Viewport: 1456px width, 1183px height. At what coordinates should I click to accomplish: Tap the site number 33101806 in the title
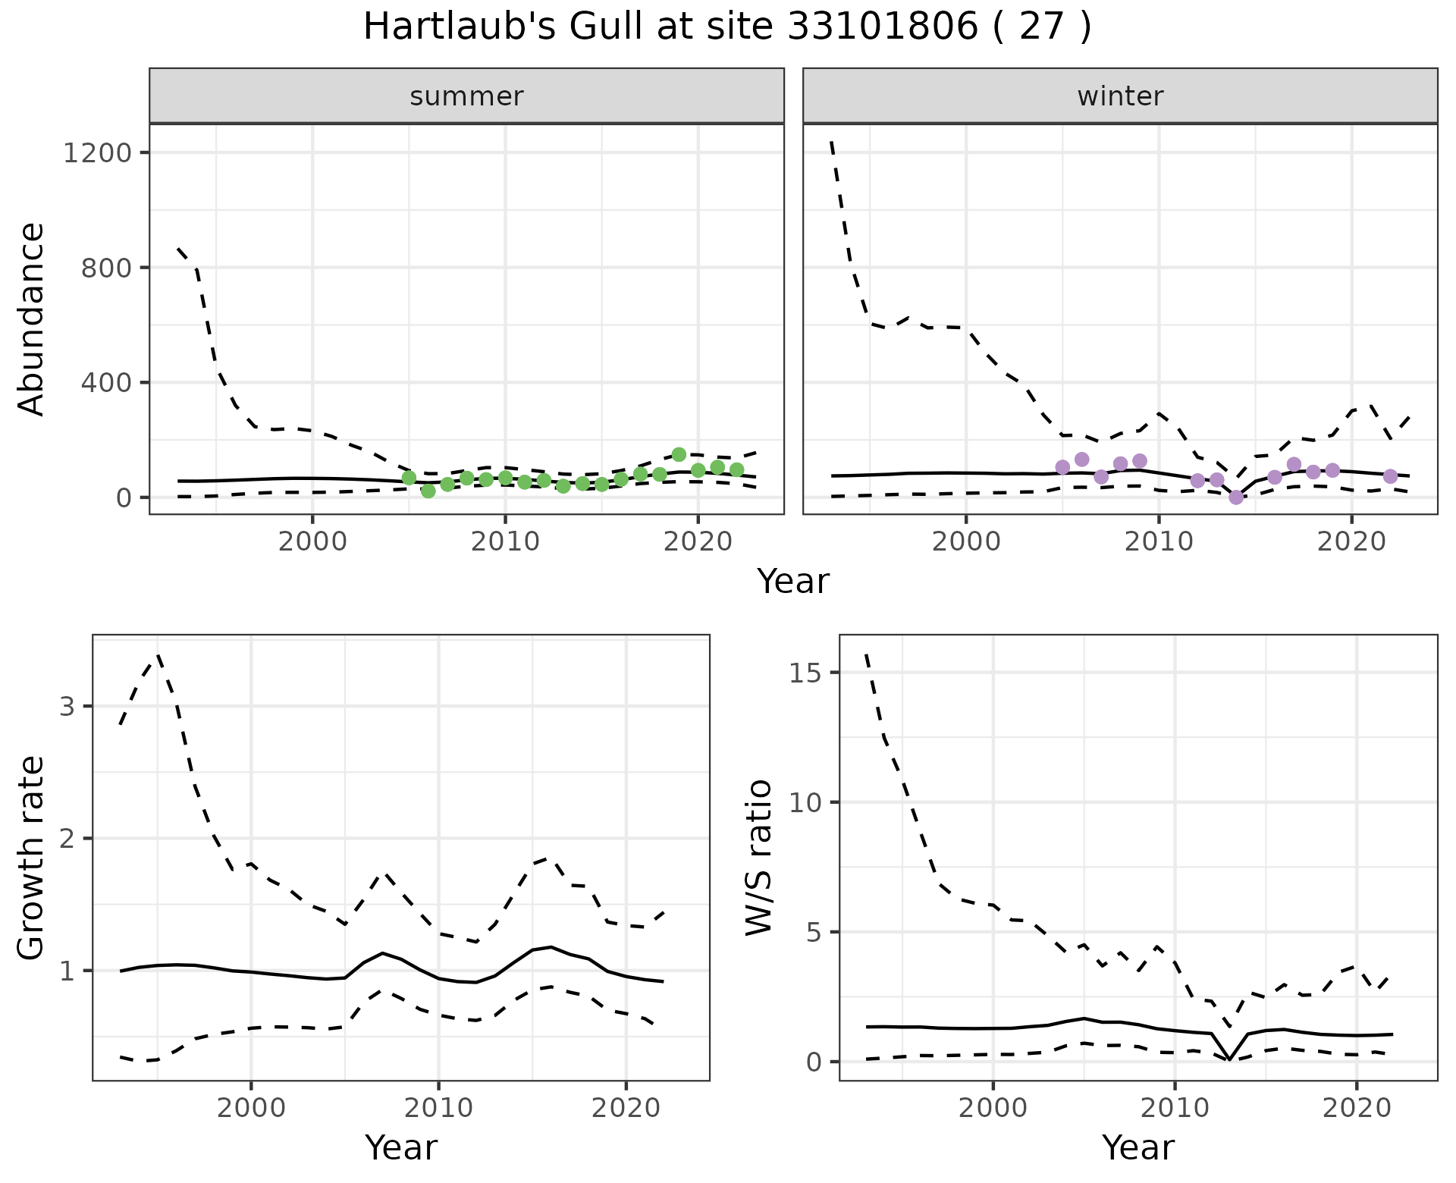(882, 28)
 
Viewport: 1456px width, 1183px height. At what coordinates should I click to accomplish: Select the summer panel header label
(466, 96)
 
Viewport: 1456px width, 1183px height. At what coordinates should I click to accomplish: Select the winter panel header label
(1120, 96)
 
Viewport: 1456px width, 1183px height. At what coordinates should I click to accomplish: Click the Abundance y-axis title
(32, 318)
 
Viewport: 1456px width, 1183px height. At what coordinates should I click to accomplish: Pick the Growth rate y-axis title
(32, 858)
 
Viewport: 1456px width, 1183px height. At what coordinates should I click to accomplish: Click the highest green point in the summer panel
(679, 454)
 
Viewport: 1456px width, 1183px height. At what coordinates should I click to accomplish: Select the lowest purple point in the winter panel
(1236, 497)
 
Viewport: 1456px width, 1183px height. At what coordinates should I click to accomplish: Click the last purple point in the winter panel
(1390, 476)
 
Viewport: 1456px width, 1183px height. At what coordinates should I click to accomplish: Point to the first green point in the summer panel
(409, 478)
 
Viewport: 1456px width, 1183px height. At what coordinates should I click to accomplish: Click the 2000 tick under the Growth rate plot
(251, 1108)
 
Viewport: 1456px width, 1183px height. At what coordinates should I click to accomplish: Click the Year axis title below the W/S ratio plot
(1137, 1147)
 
